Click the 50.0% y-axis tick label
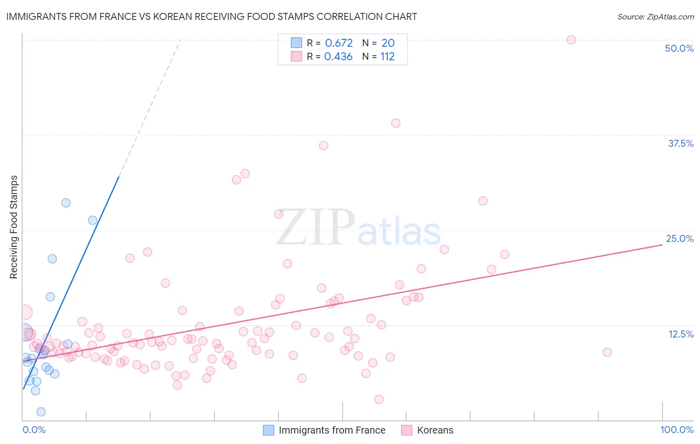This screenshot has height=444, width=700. point(679,48)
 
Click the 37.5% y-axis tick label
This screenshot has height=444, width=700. point(681,143)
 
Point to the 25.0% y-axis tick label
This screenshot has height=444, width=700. point(680,238)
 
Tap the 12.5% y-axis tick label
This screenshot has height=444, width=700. point(681,334)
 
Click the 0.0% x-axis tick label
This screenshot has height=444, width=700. point(34,430)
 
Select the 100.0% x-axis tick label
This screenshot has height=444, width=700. point(677,430)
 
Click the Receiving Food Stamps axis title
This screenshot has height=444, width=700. point(13,227)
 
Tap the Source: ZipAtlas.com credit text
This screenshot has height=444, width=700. point(655,16)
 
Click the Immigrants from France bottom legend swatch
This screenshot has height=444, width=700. point(268,430)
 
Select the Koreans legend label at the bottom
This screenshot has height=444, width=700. point(435,430)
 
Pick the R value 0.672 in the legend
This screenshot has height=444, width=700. point(339,43)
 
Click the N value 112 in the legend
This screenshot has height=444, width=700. point(387,57)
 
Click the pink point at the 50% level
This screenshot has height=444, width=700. point(571,40)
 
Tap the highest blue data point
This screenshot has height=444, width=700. point(66,203)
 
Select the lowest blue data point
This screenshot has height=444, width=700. point(41,412)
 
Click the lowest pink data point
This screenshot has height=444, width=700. point(379,399)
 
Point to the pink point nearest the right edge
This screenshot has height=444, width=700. point(607,352)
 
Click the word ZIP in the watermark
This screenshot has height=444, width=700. point(316,227)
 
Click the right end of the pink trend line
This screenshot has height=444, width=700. point(662,245)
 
